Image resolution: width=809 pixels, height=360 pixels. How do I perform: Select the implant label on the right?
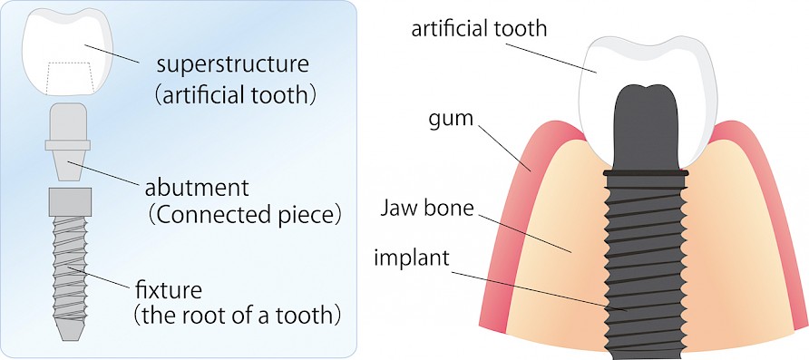click(x=411, y=258)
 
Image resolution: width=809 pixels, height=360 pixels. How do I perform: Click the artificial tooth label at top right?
click(x=479, y=28)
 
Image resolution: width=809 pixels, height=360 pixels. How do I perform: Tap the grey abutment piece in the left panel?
click(x=67, y=141)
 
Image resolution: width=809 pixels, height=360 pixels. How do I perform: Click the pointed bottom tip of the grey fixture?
click(x=68, y=333)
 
